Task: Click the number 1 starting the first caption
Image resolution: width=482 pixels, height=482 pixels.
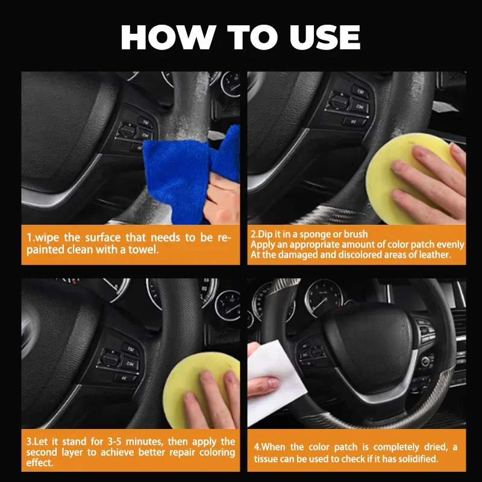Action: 28,238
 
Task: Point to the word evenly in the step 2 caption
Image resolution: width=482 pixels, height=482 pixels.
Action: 450,244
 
